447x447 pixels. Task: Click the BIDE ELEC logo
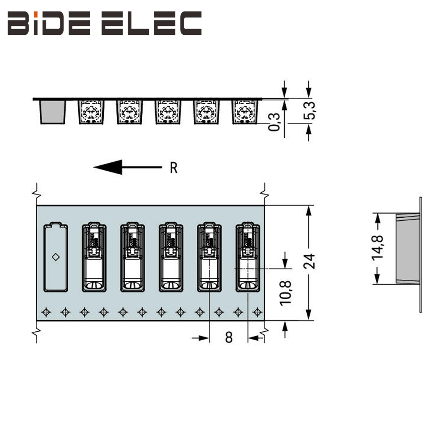tap(104, 24)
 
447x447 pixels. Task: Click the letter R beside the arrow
tap(174, 168)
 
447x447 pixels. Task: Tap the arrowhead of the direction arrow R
tap(108, 167)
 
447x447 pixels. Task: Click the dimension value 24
tap(309, 261)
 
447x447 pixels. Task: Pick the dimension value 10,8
tap(285, 292)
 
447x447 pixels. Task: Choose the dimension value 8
tap(229, 337)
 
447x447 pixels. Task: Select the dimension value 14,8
tap(378, 245)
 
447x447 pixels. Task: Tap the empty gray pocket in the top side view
tap(53, 112)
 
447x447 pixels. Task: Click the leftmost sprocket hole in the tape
tap(45, 312)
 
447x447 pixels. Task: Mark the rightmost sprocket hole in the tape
tap(257, 312)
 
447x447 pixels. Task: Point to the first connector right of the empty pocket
tap(94, 257)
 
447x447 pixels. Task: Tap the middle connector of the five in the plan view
tap(171, 257)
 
